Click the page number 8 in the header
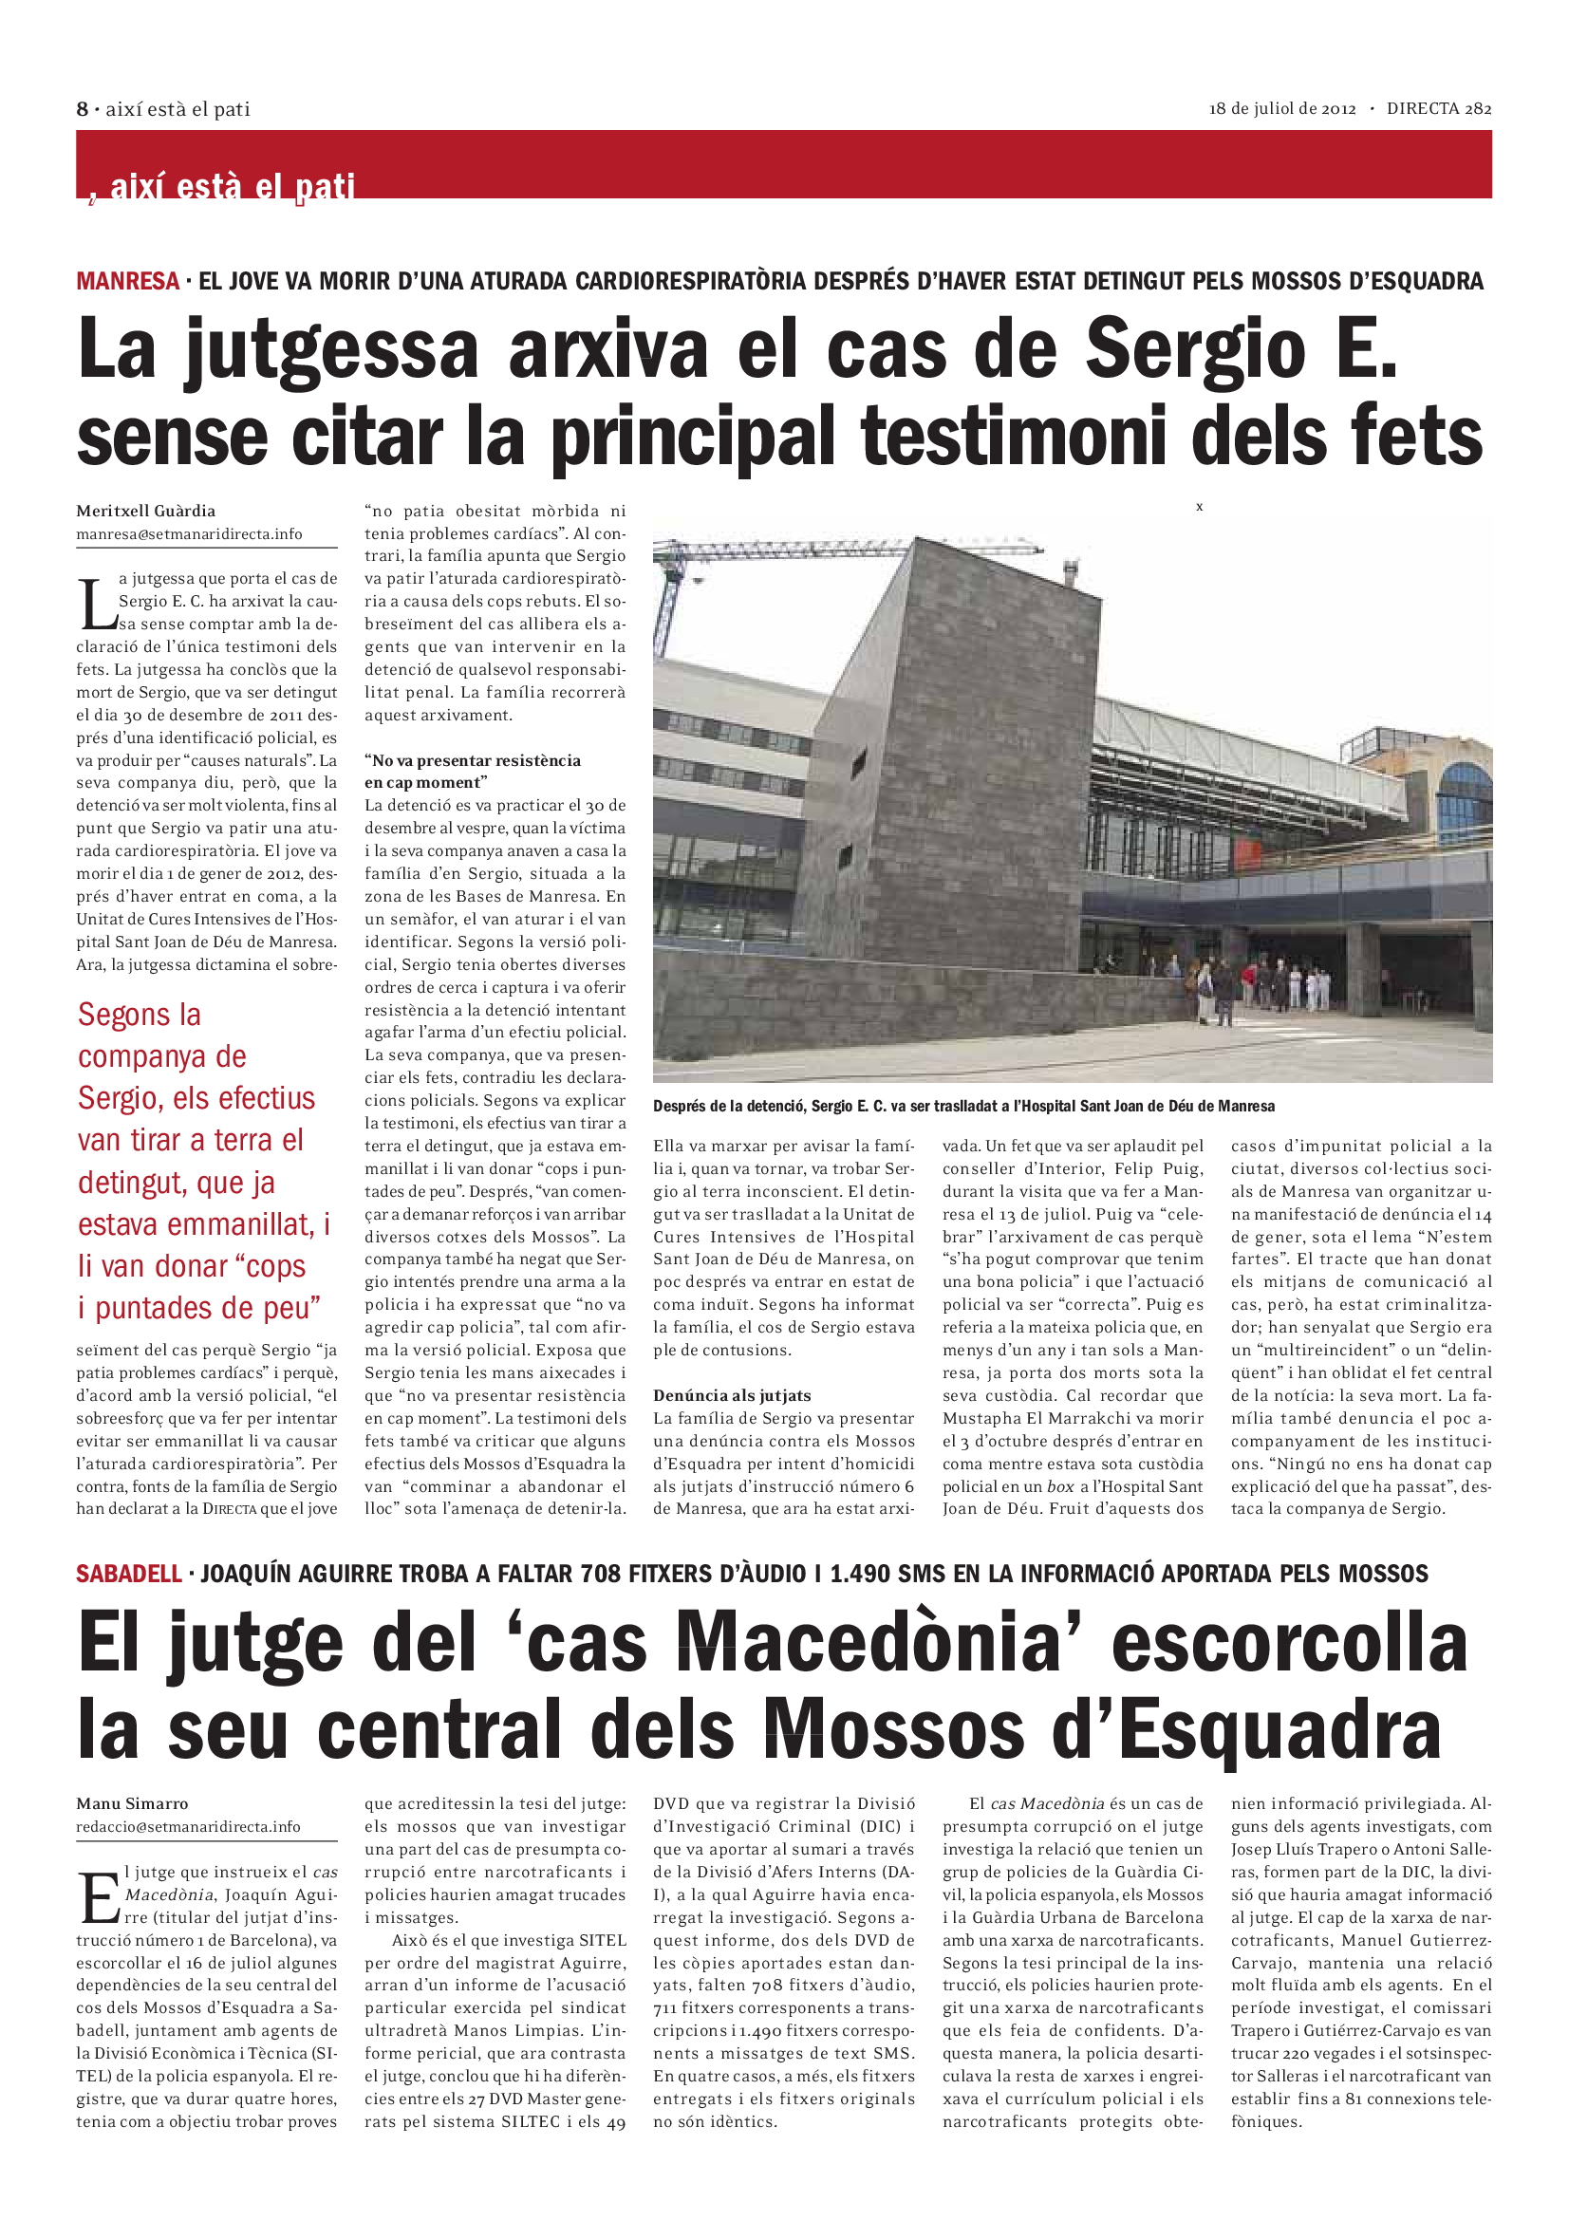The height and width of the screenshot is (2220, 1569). [83, 109]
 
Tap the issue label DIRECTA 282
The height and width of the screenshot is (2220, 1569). [1439, 109]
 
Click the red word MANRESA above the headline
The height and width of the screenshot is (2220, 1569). [127, 281]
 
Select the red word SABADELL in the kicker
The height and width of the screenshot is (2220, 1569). [128, 1573]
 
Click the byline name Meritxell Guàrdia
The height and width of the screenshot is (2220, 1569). [146, 511]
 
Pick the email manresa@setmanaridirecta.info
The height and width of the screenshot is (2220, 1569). [190, 533]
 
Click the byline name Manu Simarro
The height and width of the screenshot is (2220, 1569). [133, 1803]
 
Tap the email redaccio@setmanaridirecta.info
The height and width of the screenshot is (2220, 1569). [189, 1826]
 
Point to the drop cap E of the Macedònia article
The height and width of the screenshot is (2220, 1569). [99, 1897]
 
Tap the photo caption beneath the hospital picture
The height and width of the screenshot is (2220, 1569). [962, 1106]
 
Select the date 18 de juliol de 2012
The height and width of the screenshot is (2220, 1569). [1282, 109]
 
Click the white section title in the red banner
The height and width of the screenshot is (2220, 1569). [232, 185]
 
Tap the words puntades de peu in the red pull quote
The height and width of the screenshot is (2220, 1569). [207, 1308]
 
